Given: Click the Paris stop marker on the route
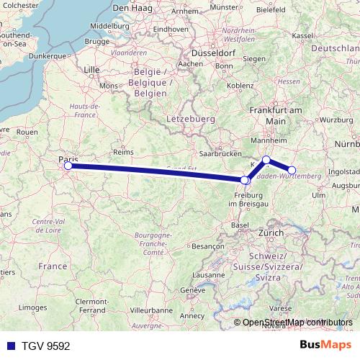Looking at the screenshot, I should point(68,166).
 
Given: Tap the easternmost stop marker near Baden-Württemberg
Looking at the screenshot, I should point(292,171).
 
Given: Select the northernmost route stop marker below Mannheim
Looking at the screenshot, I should point(266,160).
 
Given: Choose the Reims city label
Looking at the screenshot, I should point(125,152).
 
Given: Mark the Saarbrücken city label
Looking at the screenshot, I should point(218,154).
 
